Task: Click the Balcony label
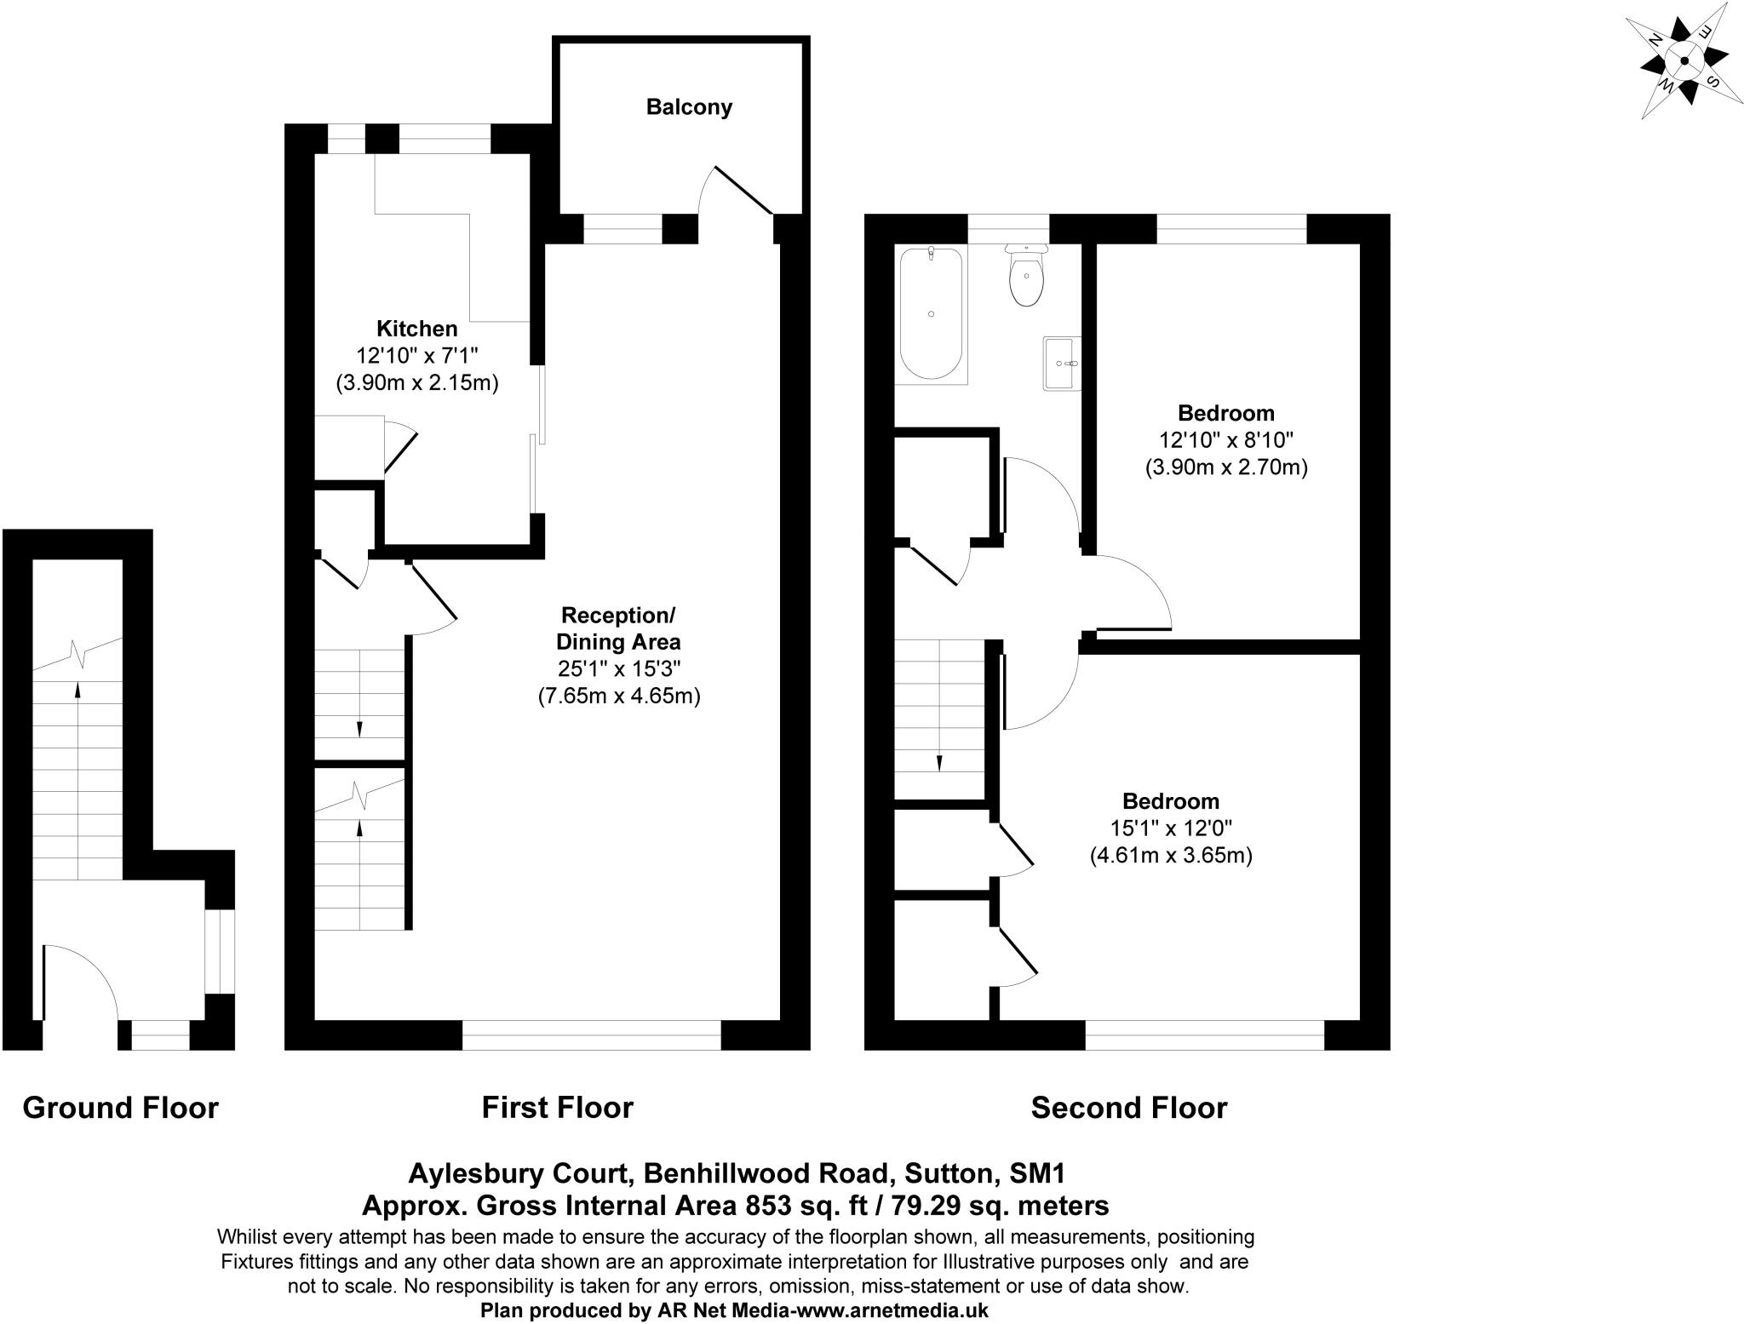(x=689, y=107)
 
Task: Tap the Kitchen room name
(x=417, y=329)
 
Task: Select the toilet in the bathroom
(x=1027, y=278)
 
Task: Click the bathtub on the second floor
(x=932, y=313)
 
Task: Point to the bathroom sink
(x=1062, y=364)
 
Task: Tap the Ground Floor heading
(x=120, y=1108)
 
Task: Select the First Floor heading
(x=557, y=1108)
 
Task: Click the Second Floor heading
(x=1128, y=1108)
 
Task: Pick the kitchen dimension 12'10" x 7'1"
(x=417, y=356)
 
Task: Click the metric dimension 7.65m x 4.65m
(x=618, y=696)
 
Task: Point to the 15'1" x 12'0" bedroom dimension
(x=1171, y=828)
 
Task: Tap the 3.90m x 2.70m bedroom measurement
(x=1226, y=467)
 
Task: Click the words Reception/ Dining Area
(x=618, y=628)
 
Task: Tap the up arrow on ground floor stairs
(x=78, y=690)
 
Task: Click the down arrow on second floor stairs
(x=939, y=762)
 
